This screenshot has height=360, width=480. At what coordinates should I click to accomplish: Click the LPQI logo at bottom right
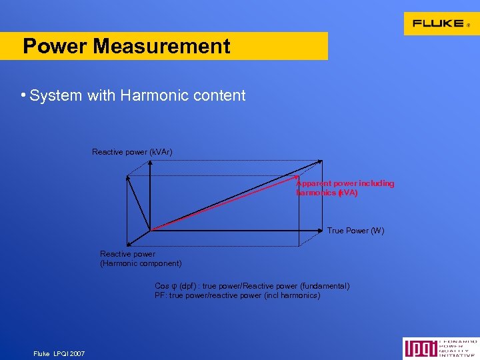tap(440, 348)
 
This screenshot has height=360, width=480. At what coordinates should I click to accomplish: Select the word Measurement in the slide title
tap(162, 46)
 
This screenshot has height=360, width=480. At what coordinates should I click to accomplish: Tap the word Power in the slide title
tap(55, 46)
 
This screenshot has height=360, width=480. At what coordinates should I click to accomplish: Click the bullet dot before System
tap(23, 95)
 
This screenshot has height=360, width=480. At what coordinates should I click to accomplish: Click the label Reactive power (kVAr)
tap(132, 152)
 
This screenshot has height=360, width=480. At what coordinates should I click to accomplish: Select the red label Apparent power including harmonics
tap(345, 188)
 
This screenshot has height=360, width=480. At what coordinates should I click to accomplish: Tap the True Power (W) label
tap(355, 231)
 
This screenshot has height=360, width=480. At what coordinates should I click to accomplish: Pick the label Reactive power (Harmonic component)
tap(140, 259)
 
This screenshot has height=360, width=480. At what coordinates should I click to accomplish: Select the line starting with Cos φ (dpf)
tap(251, 286)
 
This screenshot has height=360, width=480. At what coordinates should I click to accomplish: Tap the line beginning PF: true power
tap(237, 295)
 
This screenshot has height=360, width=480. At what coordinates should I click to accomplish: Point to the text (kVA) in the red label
tap(347, 193)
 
